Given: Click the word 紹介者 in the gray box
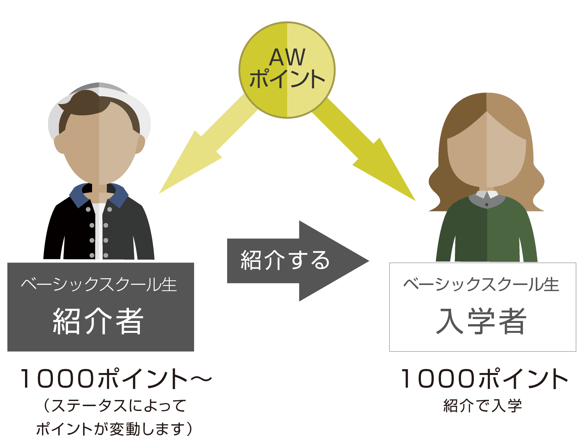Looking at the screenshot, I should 98,321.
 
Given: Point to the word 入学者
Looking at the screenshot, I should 481,321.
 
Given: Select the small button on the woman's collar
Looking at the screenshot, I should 487,205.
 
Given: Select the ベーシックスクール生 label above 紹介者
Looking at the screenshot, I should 99,284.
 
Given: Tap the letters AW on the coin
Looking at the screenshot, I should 287,58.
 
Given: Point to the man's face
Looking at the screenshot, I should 99,148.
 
